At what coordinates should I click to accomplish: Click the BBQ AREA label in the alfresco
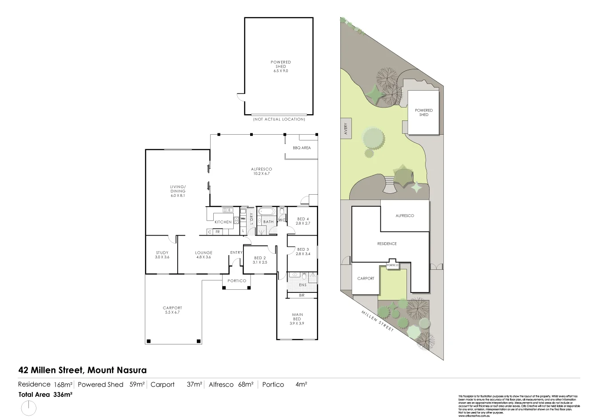coord(302,148)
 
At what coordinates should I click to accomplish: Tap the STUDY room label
coord(162,255)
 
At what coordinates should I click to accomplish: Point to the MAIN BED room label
coord(297,319)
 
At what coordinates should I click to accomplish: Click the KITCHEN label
coord(223,222)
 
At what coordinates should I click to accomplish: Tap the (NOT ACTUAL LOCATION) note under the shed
coord(279,119)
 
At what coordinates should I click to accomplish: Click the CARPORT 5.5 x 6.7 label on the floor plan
coord(172,310)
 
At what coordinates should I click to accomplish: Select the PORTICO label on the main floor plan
coord(236,280)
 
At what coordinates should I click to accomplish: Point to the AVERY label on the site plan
coord(346,129)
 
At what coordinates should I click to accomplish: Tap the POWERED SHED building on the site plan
coord(424,112)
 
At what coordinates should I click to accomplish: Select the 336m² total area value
coord(63,394)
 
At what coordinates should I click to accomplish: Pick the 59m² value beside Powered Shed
coord(137,384)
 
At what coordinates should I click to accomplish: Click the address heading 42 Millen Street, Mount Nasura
coord(82,370)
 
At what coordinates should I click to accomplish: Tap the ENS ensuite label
coord(303,285)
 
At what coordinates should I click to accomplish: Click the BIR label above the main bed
coord(302,295)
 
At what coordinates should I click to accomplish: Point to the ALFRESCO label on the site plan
coord(405,216)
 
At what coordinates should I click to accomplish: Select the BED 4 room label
coord(302,221)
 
